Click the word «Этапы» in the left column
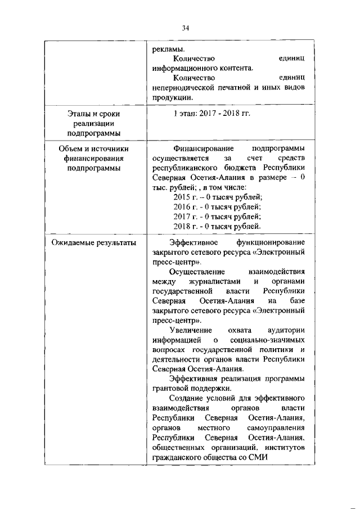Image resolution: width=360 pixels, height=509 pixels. (78, 114)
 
